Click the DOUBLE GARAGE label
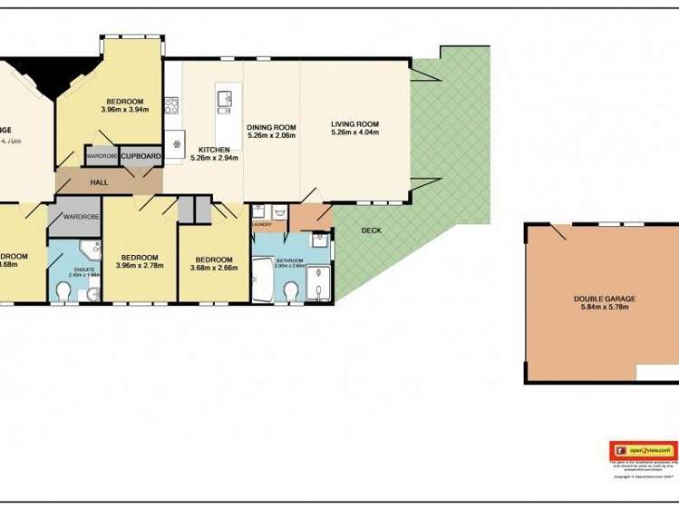click(605, 299)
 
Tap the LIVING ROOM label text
click(354, 124)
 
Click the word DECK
click(371, 230)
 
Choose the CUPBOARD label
click(141, 156)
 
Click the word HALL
click(99, 182)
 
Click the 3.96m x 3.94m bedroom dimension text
click(125, 110)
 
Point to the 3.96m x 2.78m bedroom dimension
click(140, 266)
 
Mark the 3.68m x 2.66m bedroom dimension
click(214, 268)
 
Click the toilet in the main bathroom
click(291, 291)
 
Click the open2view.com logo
click(643, 450)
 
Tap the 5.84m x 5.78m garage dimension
click(605, 308)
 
